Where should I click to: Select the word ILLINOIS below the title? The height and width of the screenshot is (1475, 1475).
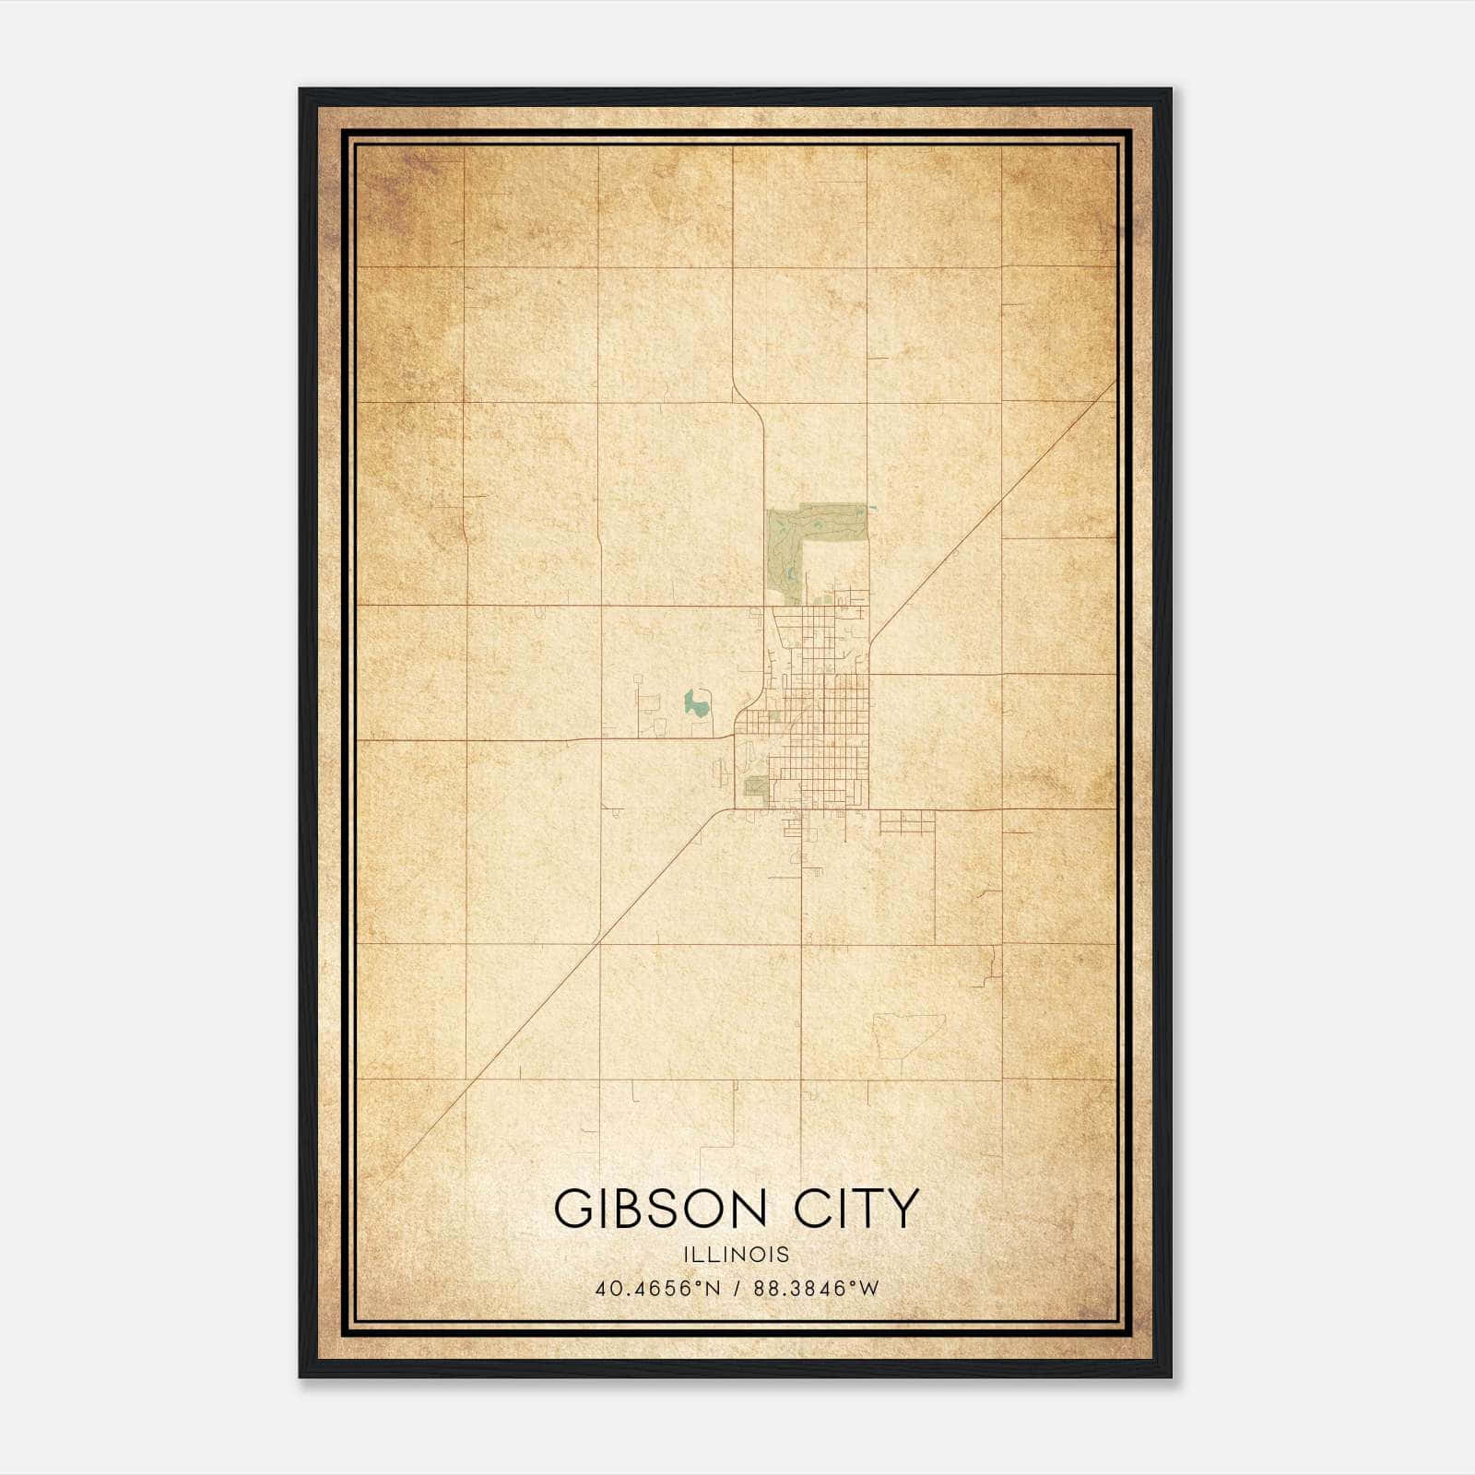[737, 1255]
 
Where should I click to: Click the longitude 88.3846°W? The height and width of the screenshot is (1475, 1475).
[817, 1289]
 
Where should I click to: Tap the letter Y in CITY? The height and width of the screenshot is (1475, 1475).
[903, 1209]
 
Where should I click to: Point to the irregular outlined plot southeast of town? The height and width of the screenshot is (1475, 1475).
[908, 1036]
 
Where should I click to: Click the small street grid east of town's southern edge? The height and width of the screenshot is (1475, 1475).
[907, 822]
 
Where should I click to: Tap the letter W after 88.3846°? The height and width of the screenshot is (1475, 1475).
[868, 1289]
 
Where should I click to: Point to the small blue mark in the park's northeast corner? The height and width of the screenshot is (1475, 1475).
[870, 508]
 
